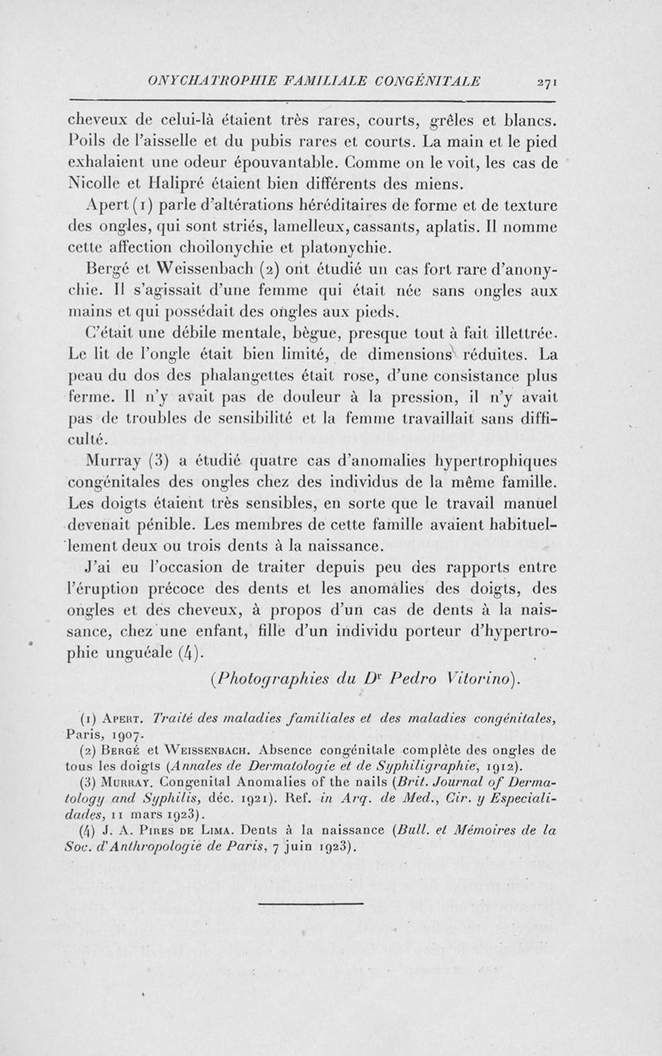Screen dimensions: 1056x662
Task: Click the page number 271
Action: click(x=548, y=82)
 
